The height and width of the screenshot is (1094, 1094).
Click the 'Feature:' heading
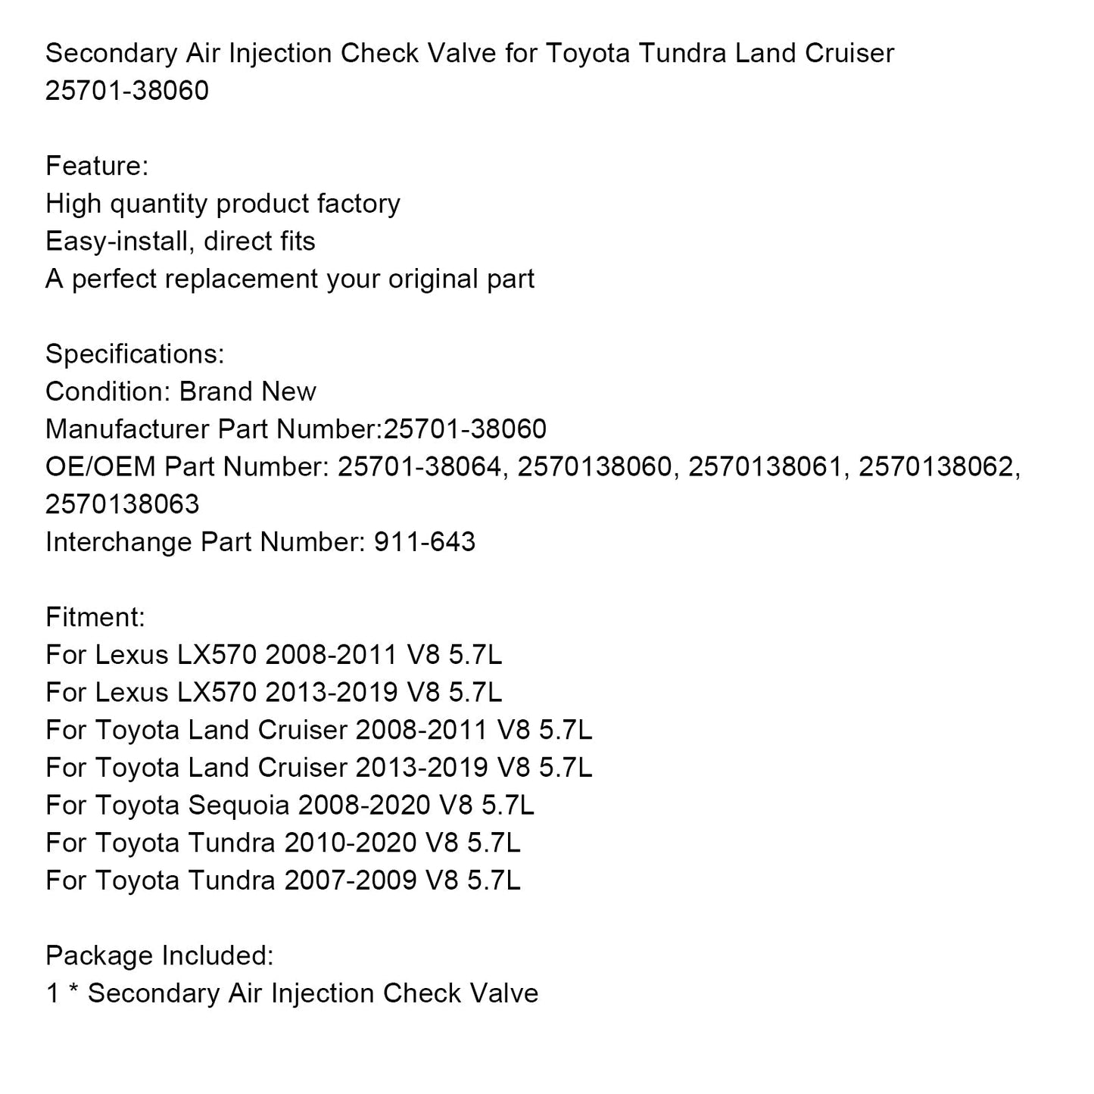tap(97, 166)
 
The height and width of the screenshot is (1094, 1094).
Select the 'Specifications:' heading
tap(135, 354)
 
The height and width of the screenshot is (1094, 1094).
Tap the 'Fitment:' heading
tap(95, 617)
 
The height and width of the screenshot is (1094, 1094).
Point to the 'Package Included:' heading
tap(159, 955)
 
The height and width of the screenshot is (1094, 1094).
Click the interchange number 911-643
tap(424, 542)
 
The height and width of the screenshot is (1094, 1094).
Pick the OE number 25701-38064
tap(420, 467)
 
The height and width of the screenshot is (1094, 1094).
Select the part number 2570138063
tap(123, 504)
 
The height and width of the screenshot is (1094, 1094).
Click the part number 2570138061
tap(765, 467)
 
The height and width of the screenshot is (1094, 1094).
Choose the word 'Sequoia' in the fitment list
tap(238, 805)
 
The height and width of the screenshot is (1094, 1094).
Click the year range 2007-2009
tap(351, 880)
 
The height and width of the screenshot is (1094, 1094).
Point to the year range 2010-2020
tap(351, 843)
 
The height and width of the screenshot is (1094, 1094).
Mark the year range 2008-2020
tap(364, 805)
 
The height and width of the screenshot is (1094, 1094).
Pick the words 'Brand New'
tap(248, 391)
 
